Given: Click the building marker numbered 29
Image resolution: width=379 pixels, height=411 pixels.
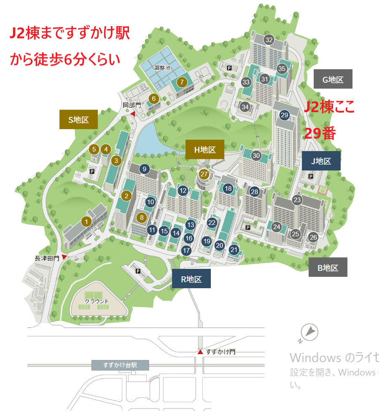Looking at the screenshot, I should point(284,115).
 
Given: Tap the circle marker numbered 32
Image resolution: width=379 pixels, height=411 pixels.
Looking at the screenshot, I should point(269,40).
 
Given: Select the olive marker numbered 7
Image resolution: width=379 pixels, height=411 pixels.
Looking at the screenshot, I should point(182,82).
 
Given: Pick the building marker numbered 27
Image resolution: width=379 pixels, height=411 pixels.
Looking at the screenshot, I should point(204,174).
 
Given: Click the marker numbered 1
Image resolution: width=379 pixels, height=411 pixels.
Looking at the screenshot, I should point(86,222).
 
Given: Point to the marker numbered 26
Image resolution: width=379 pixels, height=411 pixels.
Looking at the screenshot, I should point(313,237).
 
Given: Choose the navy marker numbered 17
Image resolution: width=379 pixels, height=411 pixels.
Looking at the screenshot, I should point(187,250).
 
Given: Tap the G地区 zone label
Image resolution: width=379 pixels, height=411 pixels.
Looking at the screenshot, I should point(333,79).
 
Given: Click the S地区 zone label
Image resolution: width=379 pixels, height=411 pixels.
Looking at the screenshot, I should point(78,120).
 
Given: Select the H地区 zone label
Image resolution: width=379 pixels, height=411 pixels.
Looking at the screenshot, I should point(205,150).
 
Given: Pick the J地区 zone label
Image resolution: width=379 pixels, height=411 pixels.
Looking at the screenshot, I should point(321,161).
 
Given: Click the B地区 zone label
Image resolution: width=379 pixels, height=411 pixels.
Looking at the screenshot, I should point(328,268).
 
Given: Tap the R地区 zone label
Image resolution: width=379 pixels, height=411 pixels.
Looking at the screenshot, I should point(191,279).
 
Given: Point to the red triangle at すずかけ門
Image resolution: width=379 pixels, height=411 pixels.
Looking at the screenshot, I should point(200,352).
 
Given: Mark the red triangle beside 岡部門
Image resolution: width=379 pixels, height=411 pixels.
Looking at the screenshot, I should point(132,114).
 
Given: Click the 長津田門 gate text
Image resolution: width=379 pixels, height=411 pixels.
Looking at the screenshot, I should point(47,257).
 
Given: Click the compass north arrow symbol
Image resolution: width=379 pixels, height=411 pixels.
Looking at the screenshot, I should point(310,332).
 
